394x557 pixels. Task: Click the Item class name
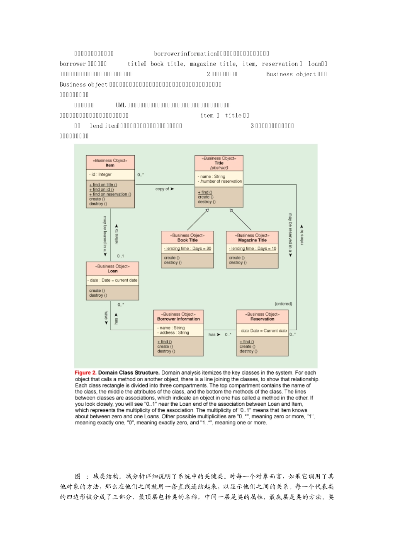tap(110, 165)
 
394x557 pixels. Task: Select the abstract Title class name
tap(219, 163)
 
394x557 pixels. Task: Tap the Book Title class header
tap(187, 240)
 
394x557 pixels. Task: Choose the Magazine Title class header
tap(252, 240)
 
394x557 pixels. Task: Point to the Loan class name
tap(112, 271)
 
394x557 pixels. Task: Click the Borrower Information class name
tap(178, 319)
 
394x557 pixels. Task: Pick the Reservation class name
tap(262, 319)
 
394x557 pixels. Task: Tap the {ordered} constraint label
tap(283, 304)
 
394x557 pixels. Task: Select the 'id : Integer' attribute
tap(101, 174)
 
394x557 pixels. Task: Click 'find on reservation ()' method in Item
tap(110, 194)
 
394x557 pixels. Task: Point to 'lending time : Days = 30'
tap(187, 249)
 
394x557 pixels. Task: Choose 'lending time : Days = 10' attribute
tap(253, 249)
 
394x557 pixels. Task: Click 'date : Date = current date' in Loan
tap(113, 280)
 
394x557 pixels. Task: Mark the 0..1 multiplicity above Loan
tap(120, 256)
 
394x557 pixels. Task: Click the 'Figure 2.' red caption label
tap(85, 373)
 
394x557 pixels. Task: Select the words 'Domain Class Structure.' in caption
tap(129, 373)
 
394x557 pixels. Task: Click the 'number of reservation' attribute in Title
tap(220, 181)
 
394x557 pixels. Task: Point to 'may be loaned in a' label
tap(105, 235)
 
